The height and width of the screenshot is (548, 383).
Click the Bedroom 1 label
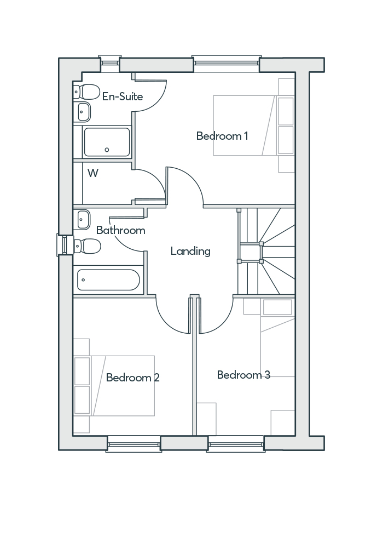click(222, 136)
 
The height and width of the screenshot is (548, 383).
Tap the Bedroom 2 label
click(133, 378)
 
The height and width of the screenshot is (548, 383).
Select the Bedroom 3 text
click(243, 375)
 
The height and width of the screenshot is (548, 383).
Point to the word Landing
click(190, 252)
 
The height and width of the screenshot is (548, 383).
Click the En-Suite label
click(123, 97)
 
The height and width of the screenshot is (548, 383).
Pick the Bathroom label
click(120, 230)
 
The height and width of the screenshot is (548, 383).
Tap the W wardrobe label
click(93, 173)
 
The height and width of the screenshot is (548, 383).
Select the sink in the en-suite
click(83, 112)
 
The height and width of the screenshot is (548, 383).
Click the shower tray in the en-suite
click(107, 142)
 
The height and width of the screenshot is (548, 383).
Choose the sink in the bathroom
click(83, 219)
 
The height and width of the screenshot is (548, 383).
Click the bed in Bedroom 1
click(243, 125)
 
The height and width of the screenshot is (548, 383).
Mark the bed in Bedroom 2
click(123, 385)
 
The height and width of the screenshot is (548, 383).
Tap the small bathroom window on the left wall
click(65, 244)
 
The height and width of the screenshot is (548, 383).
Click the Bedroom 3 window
click(236, 443)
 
